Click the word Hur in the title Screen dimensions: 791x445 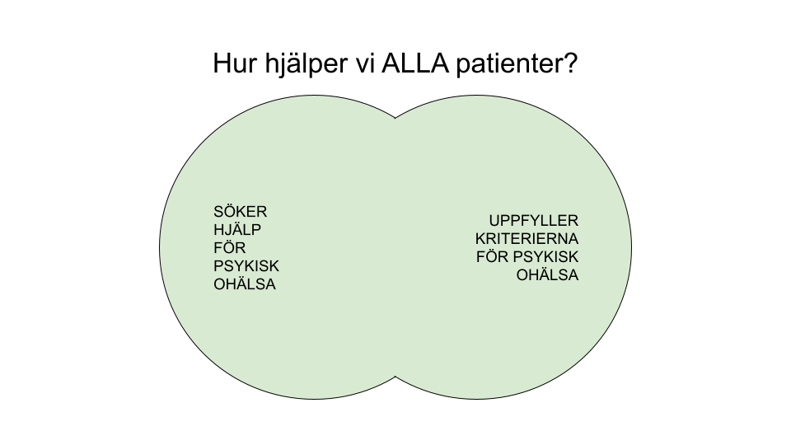[x=235, y=63]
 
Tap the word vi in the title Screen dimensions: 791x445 [x=363, y=63]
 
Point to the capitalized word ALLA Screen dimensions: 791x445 [x=415, y=63]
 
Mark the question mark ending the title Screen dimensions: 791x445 [x=570, y=63]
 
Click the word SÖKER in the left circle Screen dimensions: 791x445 [x=240, y=211]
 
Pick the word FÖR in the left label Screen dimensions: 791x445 [x=230, y=247]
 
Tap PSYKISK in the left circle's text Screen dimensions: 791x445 [x=246, y=266]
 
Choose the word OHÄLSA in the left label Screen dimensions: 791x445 [x=245, y=283]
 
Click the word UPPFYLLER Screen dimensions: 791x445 [x=534, y=221]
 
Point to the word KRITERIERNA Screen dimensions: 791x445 [x=527, y=239]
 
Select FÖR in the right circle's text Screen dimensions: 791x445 [x=493, y=256]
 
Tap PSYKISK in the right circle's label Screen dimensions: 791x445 [x=545, y=257]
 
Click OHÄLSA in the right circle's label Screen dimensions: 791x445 [x=547, y=274]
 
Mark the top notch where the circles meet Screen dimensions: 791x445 [x=395, y=119]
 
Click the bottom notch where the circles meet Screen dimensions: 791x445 [x=395, y=376]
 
